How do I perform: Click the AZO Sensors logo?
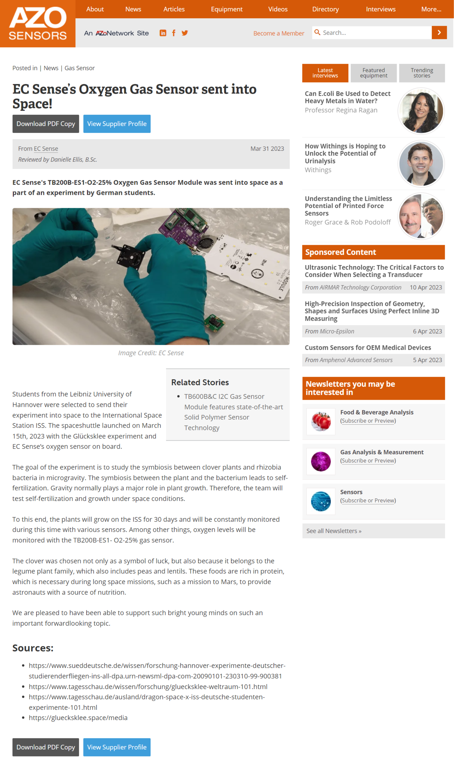(x=38, y=24)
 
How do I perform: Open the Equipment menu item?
(x=226, y=9)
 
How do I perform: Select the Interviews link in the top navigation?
(x=381, y=9)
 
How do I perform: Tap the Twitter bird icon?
(x=185, y=33)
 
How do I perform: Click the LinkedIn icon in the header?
(x=163, y=33)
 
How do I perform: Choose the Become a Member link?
(x=278, y=33)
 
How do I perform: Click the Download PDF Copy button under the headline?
(x=46, y=124)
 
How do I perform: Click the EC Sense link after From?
(x=46, y=149)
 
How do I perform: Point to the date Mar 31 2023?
(x=267, y=149)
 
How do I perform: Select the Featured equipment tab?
(x=373, y=73)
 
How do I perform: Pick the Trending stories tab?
(x=422, y=73)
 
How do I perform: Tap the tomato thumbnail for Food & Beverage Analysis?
(x=321, y=421)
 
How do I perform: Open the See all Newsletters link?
(x=334, y=531)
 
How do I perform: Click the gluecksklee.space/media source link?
(x=78, y=718)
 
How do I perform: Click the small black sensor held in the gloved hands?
(x=131, y=257)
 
